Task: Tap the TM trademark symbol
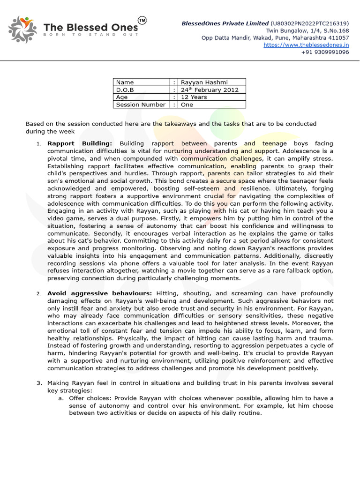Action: point(142,20)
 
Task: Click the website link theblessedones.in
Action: point(306,45)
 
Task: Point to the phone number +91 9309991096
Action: point(325,52)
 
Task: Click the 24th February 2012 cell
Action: point(210,90)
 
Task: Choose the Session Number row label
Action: point(141,105)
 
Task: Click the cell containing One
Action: point(187,105)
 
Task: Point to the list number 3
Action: point(39,383)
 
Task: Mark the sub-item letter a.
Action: point(60,398)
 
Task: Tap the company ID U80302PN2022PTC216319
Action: point(309,23)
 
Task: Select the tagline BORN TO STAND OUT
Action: point(91,35)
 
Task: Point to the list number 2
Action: point(38,294)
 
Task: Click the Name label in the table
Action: point(125,82)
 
